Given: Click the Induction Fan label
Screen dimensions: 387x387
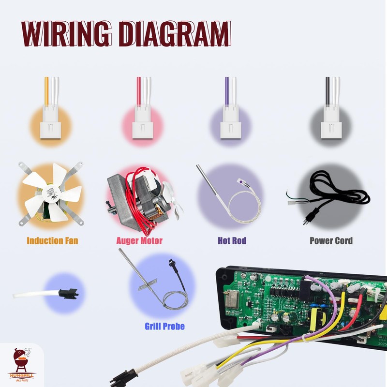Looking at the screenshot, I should click(x=52, y=240).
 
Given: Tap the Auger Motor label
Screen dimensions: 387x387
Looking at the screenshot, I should click(x=139, y=240).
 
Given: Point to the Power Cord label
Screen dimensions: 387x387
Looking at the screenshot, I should click(x=331, y=240).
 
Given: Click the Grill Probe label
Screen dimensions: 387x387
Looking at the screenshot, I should click(x=164, y=326).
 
